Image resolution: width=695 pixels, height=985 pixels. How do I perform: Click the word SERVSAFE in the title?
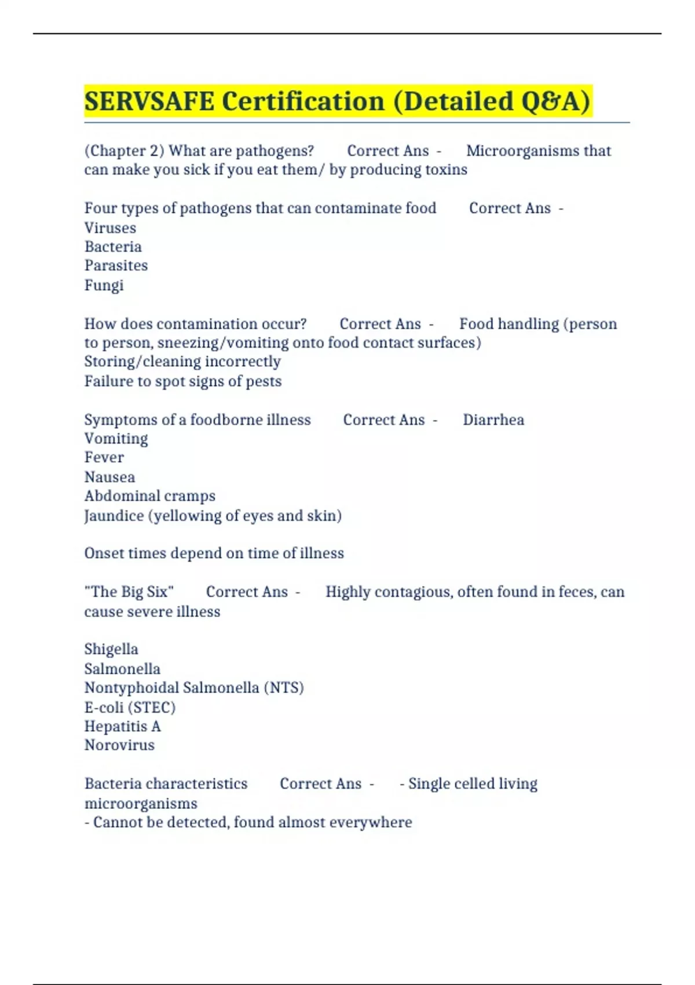click(149, 101)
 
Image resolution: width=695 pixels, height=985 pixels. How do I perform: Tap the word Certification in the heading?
click(303, 101)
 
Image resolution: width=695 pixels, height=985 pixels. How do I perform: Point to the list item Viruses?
click(110, 228)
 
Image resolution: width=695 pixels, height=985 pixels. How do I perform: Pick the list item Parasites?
click(116, 265)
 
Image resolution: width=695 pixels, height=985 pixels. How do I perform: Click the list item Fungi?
click(104, 285)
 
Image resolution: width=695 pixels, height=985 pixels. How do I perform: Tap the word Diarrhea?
click(493, 419)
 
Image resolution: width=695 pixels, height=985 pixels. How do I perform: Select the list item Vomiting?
click(116, 439)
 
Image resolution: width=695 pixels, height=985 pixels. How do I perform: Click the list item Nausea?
click(109, 477)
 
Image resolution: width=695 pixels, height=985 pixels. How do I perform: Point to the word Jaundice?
click(114, 516)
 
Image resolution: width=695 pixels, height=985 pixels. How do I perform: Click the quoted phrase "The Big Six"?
click(129, 592)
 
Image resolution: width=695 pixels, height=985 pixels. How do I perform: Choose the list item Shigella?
click(111, 649)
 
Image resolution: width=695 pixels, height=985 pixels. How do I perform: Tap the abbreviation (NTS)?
click(284, 688)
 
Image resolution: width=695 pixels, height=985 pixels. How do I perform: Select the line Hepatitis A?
click(122, 726)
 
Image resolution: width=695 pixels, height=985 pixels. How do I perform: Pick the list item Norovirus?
click(119, 745)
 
